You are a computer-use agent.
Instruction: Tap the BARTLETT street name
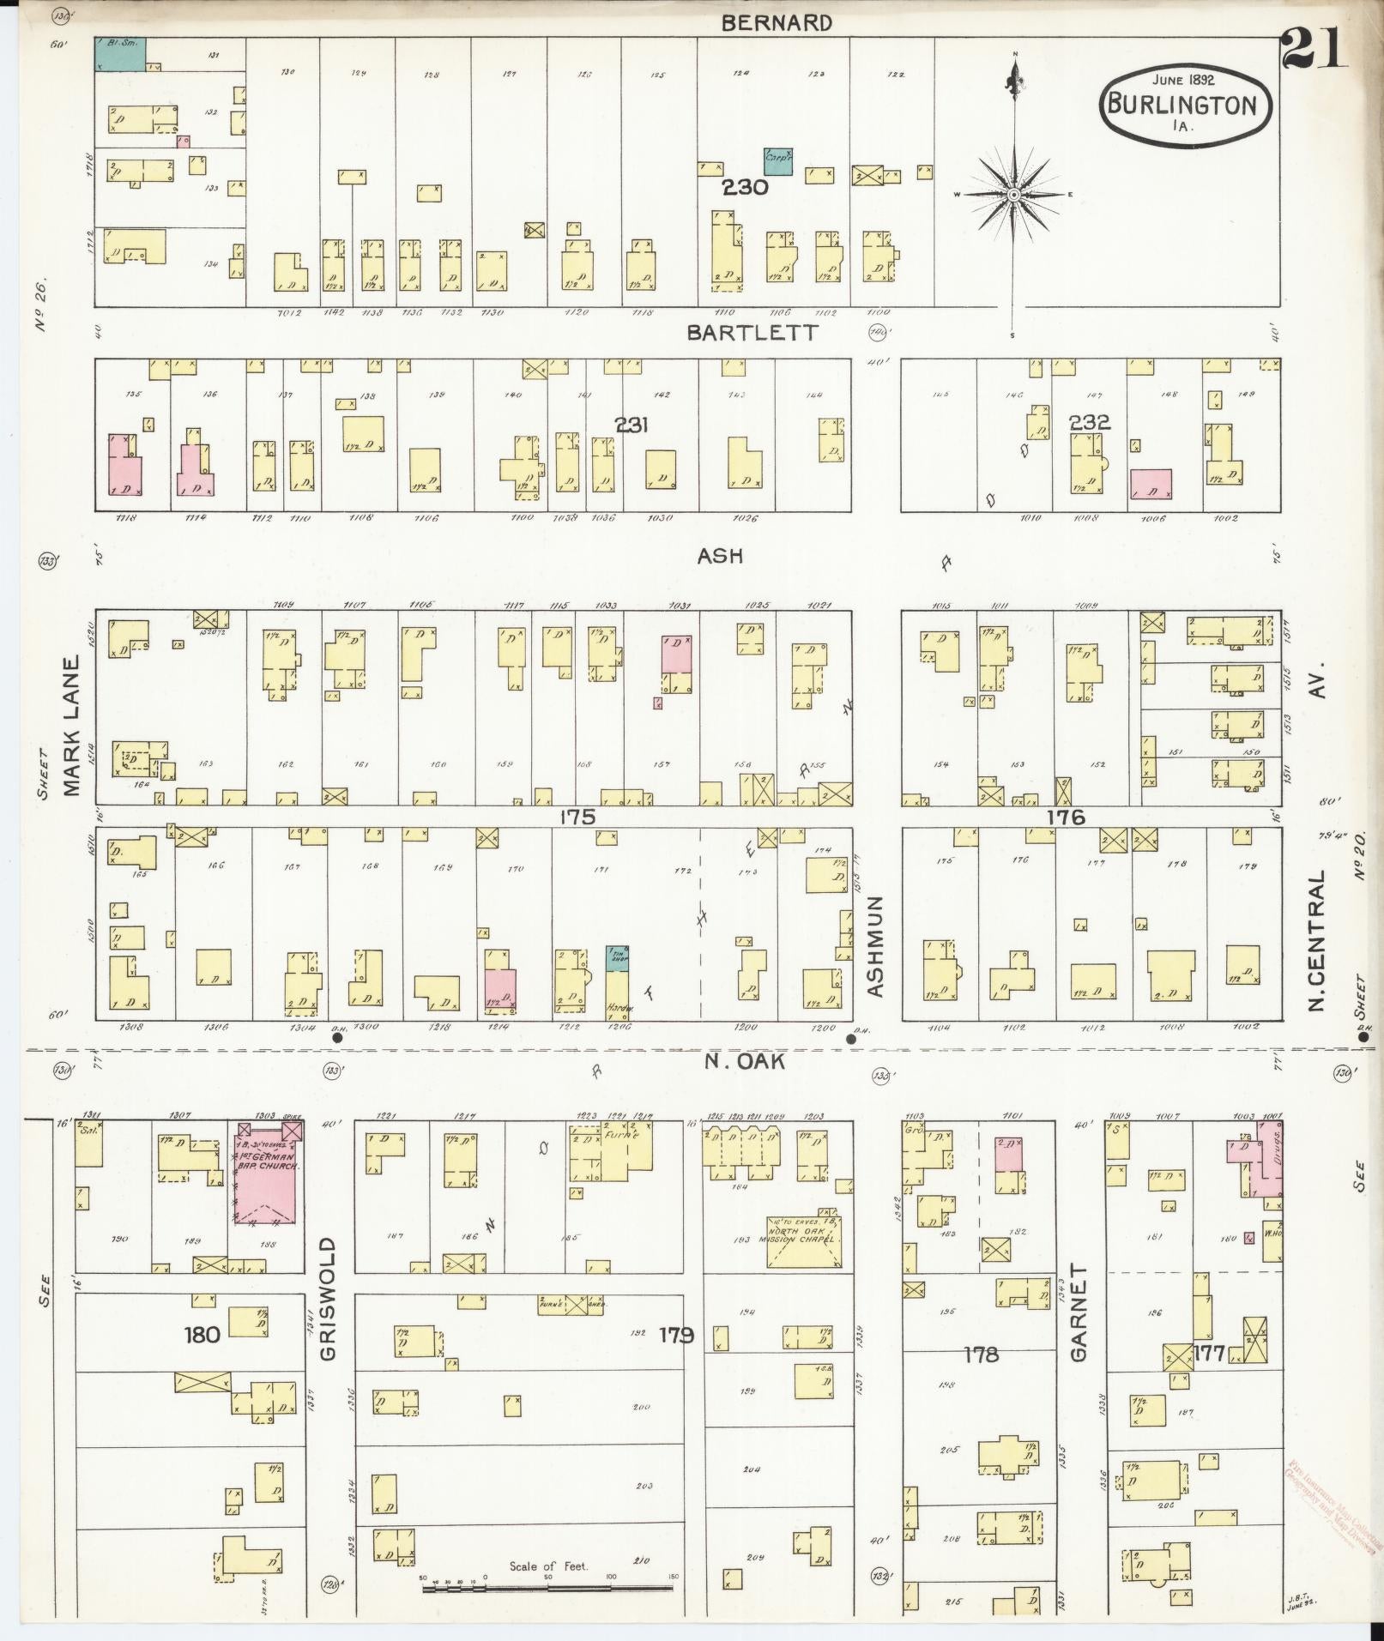click(753, 333)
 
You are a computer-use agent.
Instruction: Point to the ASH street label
click(720, 557)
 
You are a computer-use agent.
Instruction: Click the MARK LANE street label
click(71, 726)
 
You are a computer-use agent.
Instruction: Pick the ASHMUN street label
click(875, 947)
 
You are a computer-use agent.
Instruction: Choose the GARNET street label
click(1079, 1312)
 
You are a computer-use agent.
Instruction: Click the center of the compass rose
click(1014, 196)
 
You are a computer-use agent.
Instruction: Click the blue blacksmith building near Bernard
click(119, 54)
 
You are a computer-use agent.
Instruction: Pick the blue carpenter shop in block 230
click(777, 161)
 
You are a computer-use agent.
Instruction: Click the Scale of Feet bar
click(549, 1589)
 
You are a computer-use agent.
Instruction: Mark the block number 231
click(632, 425)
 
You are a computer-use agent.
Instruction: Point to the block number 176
click(1065, 817)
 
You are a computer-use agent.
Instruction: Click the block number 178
click(981, 1354)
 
